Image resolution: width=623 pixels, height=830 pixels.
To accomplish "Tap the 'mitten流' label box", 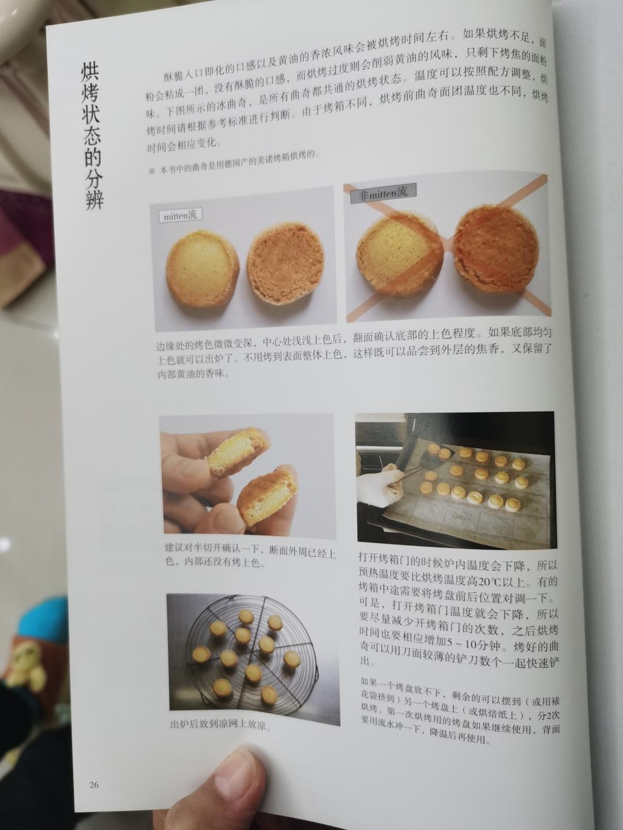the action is tap(181, 216).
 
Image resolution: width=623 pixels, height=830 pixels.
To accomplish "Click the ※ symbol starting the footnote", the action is tap(152, 171).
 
